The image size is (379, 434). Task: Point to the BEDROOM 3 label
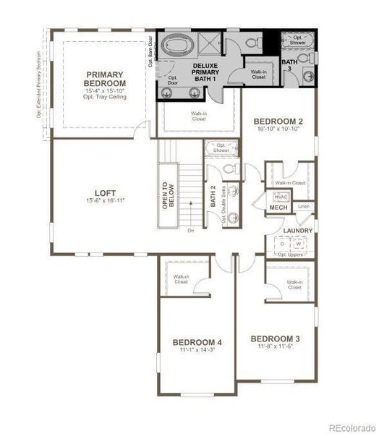tap(276, 339)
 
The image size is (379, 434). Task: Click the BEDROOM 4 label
tap(197, 342)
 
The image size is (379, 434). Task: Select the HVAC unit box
tap(281, 197)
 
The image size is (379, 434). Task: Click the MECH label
tap(278, 208)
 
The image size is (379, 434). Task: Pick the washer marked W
tap(297, 244)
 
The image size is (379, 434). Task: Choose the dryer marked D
tap(283, 244)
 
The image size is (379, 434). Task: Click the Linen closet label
tap(303, 207)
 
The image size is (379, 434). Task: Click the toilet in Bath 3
tap(304, 58)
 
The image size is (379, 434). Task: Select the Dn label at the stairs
tap(191, 231)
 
